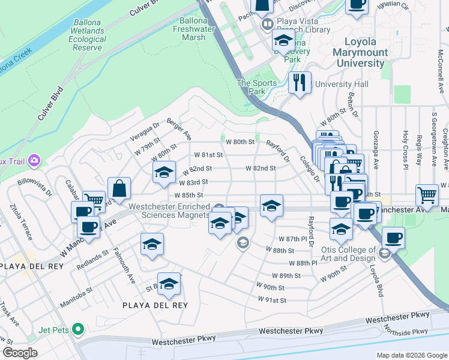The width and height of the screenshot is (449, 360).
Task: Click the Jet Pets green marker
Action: point(77,329)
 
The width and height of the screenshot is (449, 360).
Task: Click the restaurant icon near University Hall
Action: point(299,82)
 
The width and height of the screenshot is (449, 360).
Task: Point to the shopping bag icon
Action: point(119,188)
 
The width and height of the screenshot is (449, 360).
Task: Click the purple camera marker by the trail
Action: point(34,160)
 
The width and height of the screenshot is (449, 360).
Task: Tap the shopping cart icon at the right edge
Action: point(426,194)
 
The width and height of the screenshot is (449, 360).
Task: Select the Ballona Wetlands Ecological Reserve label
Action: point(88,35)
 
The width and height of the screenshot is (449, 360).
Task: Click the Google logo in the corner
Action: point(20,353)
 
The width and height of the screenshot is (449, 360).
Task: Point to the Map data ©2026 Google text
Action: point(411,355)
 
